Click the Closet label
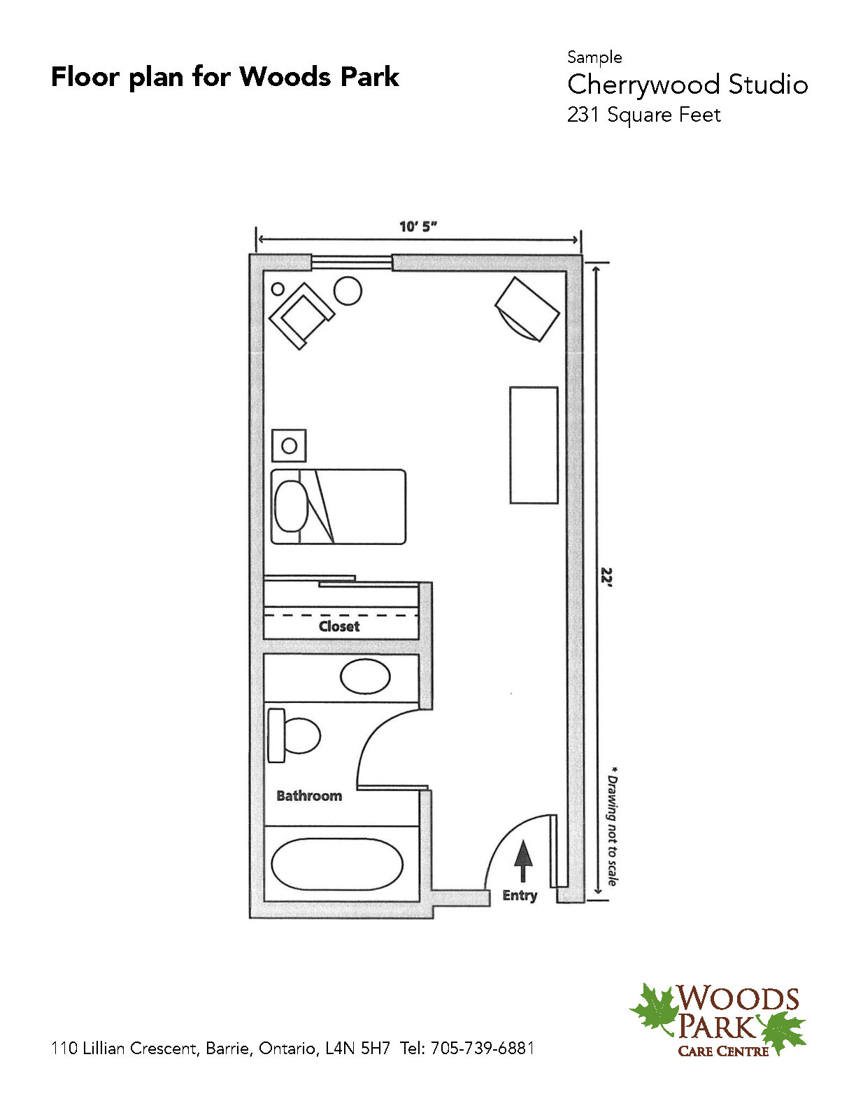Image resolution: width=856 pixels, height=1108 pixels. tap(339, 626)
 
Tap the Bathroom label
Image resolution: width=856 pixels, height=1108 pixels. tap(309, 795)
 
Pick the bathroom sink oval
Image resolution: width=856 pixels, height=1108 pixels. tap(365, 676)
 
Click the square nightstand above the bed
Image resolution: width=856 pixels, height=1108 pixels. tap(289, 446)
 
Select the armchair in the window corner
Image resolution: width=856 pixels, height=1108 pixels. tap(302, 315)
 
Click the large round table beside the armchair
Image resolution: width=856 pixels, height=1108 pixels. tap(348, 290)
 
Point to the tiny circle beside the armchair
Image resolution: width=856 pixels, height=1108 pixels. tap(278, 289)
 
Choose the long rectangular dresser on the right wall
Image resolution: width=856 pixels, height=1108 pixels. tap(534, 445)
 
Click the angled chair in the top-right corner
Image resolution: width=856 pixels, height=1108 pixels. tap(527, 309)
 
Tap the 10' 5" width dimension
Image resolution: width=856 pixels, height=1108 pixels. tap(418, 227)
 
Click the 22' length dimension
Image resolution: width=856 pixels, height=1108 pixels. tap(606, 577)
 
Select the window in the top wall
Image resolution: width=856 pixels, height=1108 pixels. tap(352, 262)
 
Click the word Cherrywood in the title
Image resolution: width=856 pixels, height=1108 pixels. tap(644, 86)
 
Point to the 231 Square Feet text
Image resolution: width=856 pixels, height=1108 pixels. tap(644, 115)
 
